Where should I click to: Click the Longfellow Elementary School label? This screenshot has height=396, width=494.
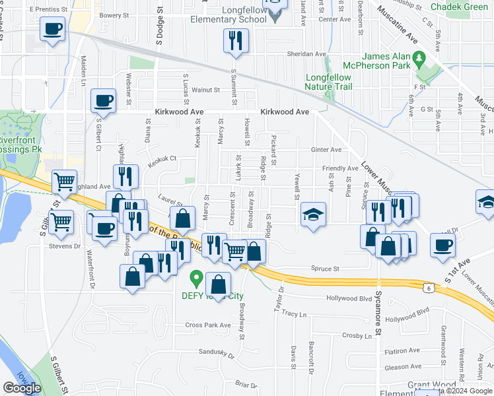pyautogui.click(x=236, y=16)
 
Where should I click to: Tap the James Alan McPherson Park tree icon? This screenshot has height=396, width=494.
pyautogui.click(x=418, y=59)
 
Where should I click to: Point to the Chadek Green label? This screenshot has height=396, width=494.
pyautogui.click(x=458, y=7)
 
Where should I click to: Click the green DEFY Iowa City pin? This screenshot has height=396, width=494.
pyautogui.click(x=195, y=277)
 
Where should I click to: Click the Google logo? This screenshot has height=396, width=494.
pyautogui.click(x=22, y=387)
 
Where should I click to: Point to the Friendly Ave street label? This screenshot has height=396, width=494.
pyautogui.click(x=340, y=169)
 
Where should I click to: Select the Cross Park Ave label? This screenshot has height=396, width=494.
pyautogui.click(x=208, y=325)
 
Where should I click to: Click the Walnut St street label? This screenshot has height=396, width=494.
pyautogui.click(x=205, y=90)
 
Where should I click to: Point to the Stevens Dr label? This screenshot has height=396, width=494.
pyautogui.click(x=64, y=246)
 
